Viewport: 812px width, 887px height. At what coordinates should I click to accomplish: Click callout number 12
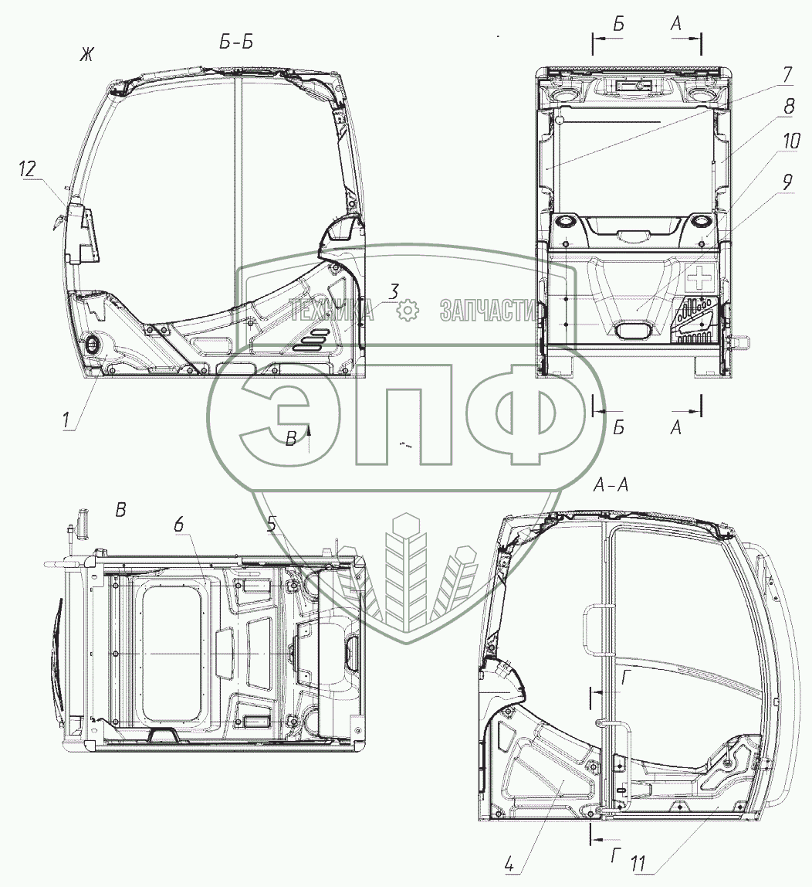[x=26, y=168]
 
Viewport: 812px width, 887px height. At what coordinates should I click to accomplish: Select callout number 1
[x=66, y=420]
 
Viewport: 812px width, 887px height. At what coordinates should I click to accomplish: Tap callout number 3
[x=394, y=293]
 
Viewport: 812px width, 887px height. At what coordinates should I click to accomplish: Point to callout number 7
[x=787, y=73]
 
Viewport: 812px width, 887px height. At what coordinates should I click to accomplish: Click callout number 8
[x=788, y=106]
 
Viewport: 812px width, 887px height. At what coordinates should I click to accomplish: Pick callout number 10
[x=791, y=141]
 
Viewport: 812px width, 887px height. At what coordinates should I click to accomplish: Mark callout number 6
[x=178, y=525]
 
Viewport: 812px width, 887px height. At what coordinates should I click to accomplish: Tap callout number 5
[x=272, y=524]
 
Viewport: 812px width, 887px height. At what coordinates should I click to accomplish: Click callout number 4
[x=509, y=864]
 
